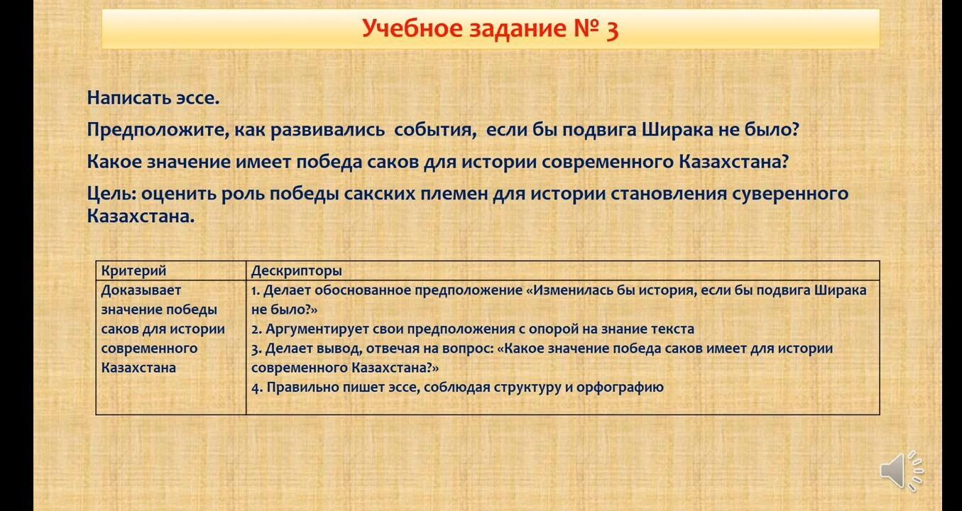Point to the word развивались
coord(327,130)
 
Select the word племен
coord(454,194)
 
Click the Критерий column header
coord(133,271)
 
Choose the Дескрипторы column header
coord(296,271)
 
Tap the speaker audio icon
coord(901,471)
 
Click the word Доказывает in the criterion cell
coord(141,291)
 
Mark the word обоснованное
coord(363,291)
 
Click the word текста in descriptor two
coord(672,329)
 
